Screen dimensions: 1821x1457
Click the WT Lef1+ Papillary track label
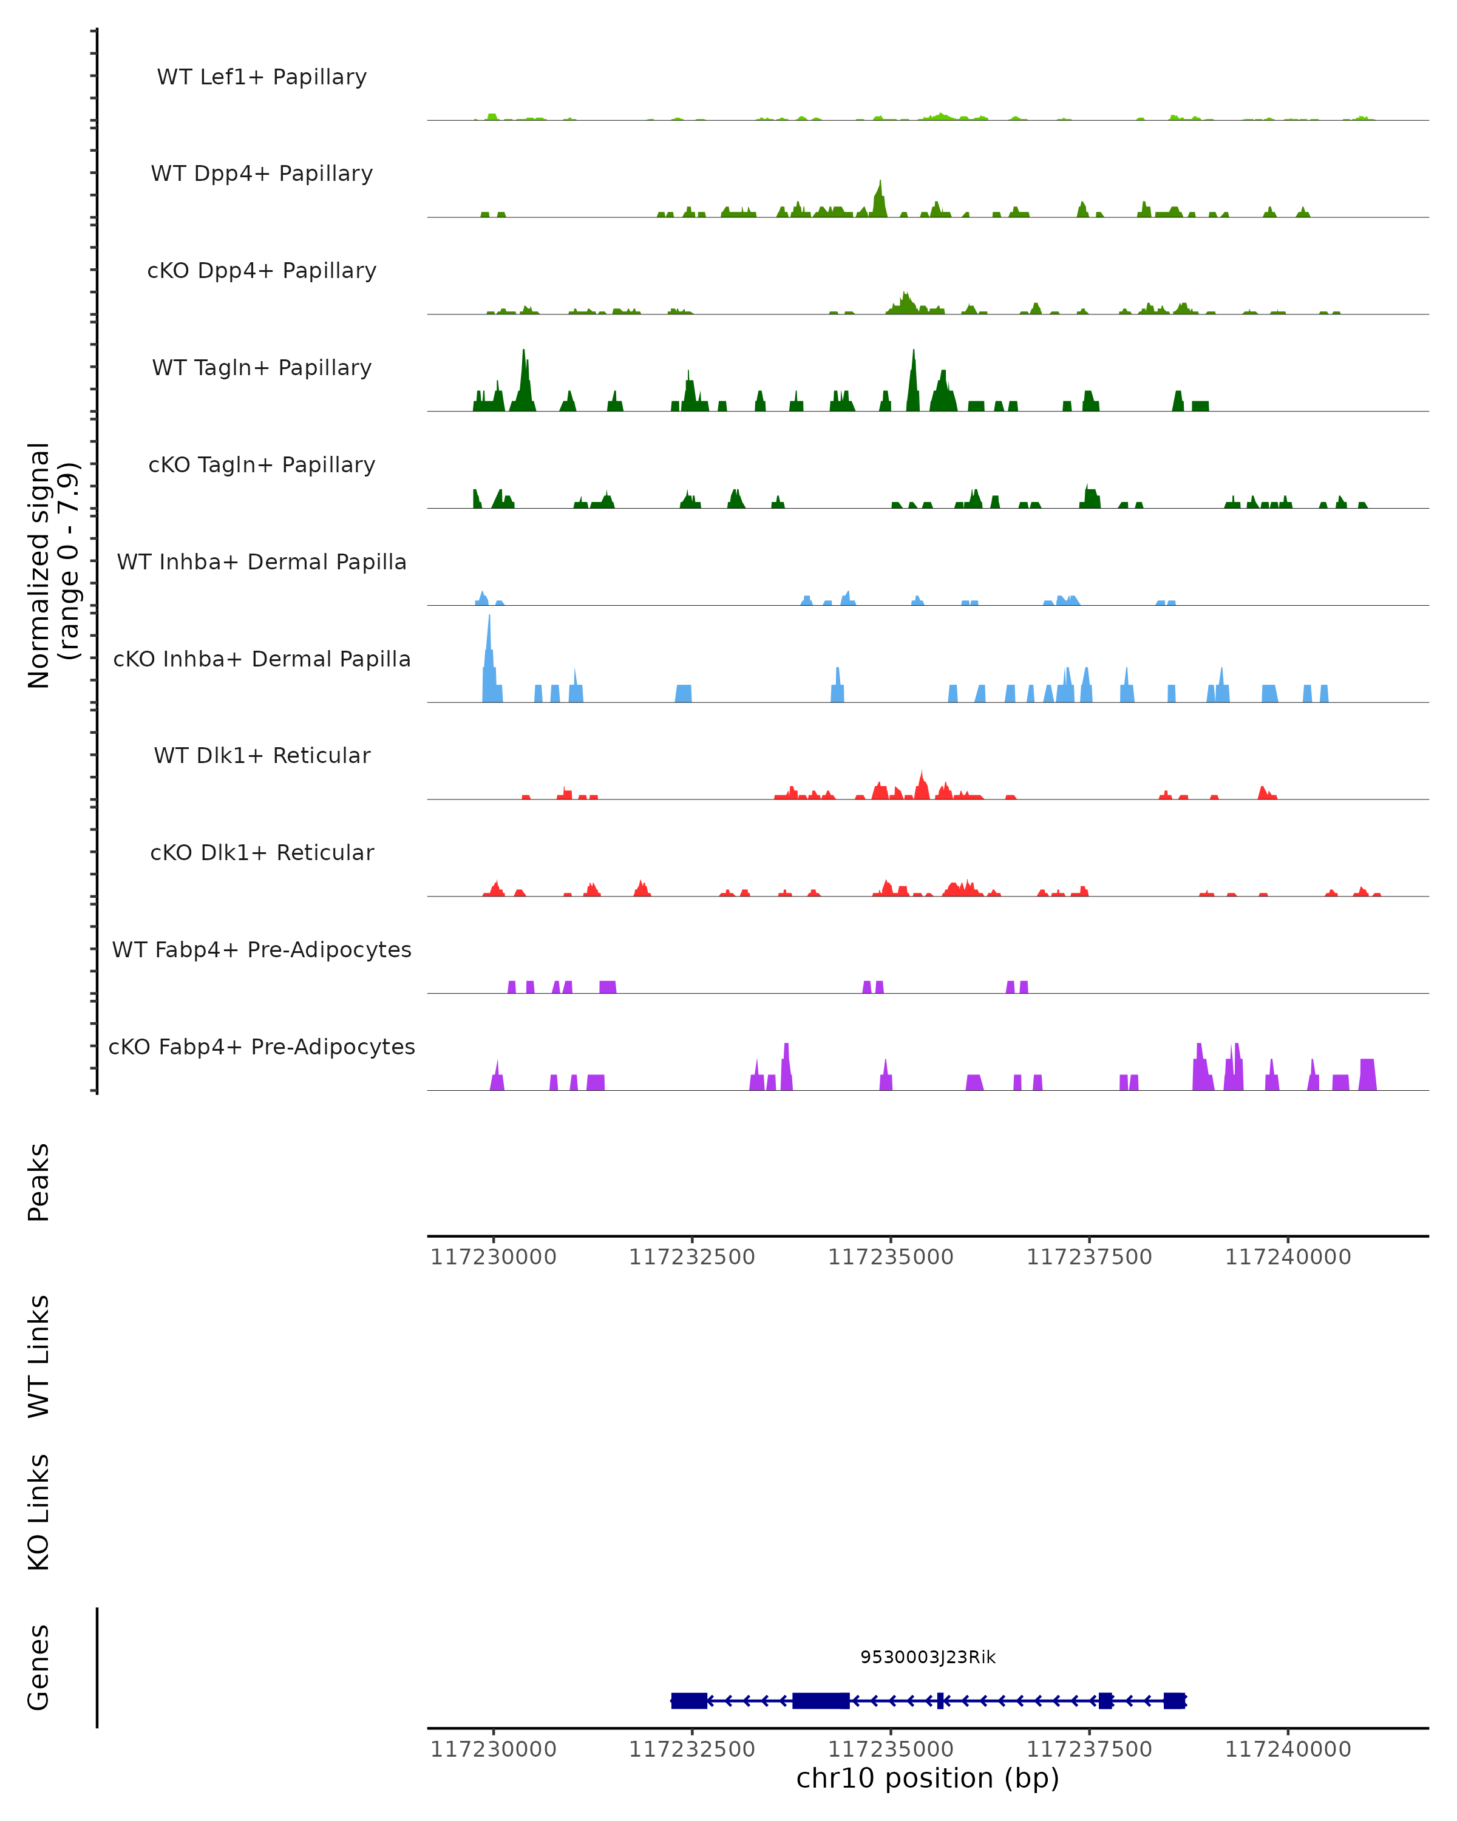click(x=262, y=77)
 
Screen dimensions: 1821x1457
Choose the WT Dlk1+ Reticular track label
click(x=262, y=755)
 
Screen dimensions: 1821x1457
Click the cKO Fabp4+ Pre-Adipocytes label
click(x=262, y=1046)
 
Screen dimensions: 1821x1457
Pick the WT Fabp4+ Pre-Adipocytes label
click(x=262, y=949)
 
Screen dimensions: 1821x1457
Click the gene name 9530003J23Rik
click(x=928, y=1657)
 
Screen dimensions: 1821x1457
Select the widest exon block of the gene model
click(x=820, y=1700)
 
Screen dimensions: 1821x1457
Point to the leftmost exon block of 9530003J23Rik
click(x=689, y=1700)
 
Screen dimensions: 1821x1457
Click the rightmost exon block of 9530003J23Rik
click(x=1174, y=1700)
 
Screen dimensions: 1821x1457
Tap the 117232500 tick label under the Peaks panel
click(x=691, y=1257)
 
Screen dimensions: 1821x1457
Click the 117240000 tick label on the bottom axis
click(x=1288, y=1749)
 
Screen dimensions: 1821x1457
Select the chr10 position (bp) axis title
click(x=928, y=1779)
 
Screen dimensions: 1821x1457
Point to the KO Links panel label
click(x=39, y=1513)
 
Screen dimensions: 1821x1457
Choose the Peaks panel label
click(x=39, y=1182)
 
